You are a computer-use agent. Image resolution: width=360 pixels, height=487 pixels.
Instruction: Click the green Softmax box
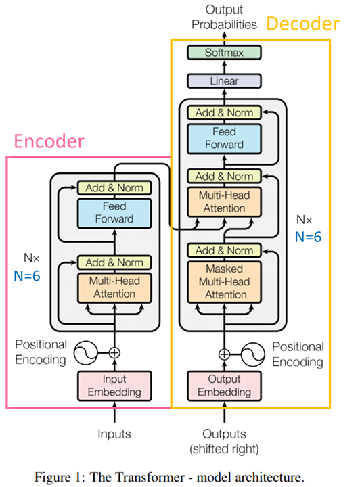click(224, 53)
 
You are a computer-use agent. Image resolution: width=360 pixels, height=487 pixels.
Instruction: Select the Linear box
click(224, 81)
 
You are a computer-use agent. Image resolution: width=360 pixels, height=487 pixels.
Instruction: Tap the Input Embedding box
click(114, 386)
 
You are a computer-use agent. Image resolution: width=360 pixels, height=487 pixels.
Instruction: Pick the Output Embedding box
click(224, 386)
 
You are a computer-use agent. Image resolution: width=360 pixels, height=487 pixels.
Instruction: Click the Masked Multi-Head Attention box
click(224, 281)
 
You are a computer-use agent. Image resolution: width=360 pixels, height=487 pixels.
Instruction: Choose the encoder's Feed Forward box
click(114, 213)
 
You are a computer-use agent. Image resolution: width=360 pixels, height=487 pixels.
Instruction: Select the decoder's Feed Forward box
click(224, 139)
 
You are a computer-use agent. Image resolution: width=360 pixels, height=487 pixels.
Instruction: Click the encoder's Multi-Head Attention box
click(114, 287)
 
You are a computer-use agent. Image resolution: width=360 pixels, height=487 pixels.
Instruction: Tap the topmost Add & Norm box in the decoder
click(224, 112)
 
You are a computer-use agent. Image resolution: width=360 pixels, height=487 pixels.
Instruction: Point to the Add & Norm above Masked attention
click(224, 250)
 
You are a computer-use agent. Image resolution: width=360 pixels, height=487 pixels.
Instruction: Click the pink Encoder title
click(49, 141)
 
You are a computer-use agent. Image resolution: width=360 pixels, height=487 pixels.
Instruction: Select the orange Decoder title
click(303, 24)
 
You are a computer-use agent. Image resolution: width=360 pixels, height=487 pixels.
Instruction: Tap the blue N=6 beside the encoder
click(27, 276)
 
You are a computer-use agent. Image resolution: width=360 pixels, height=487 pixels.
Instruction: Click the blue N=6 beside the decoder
click(308, 237)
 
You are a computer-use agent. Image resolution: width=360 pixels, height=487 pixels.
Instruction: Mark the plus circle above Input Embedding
click(114, 353)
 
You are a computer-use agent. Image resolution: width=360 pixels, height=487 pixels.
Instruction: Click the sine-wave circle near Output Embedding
click(253, 354)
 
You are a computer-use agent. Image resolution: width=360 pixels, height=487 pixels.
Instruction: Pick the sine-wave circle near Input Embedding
click(86, 353)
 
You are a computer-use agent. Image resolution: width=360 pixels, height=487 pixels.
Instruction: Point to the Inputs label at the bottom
click(114, 434)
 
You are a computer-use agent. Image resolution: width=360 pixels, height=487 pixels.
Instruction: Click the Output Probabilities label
click(224, 17)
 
